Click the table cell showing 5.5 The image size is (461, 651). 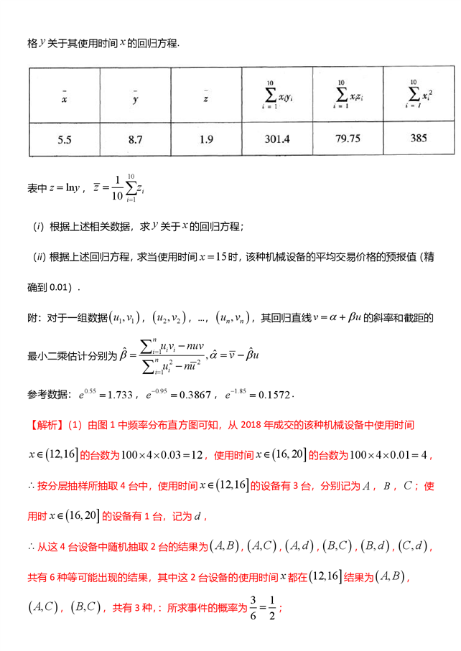pos(64,139)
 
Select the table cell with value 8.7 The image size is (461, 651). pos(135,139)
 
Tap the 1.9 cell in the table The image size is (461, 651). pos(206,139)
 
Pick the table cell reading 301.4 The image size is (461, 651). pos(277,139)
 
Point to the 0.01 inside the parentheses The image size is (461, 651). pos(60,288)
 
